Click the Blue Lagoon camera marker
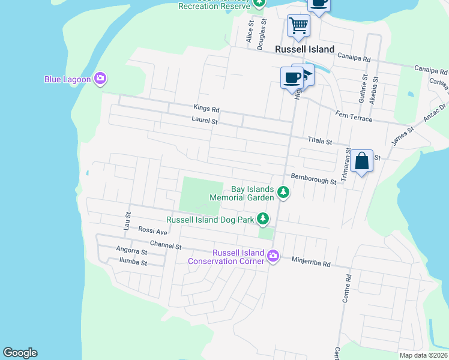[100, 78]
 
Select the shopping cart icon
[298, 26]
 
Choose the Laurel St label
[204, 121]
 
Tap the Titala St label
[320, 141]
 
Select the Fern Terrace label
[354, 119]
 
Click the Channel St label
[166, 245]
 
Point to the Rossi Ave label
[152, 231]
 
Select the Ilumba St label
[133, 262]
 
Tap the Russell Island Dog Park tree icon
[263, 219]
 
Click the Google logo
[20, 353]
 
